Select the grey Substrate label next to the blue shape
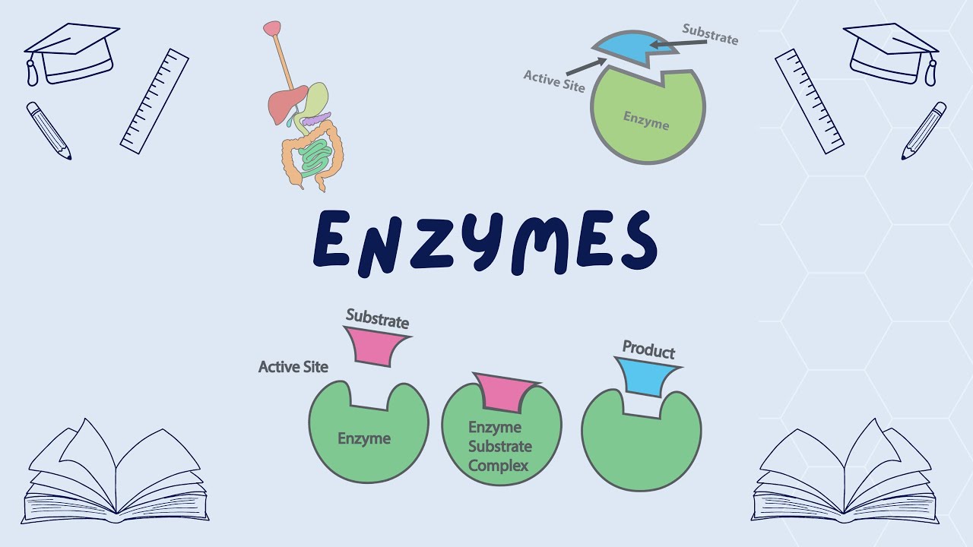(709, 34)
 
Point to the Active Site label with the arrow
(554, 81)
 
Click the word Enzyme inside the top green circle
(646, 119)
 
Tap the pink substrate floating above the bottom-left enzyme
(375, 346)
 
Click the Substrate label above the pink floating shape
(377, 318)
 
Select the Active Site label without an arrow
(293, 367)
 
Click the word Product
(648, 350)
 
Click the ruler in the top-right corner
(809, 101)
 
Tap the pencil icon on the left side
(49, 131)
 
